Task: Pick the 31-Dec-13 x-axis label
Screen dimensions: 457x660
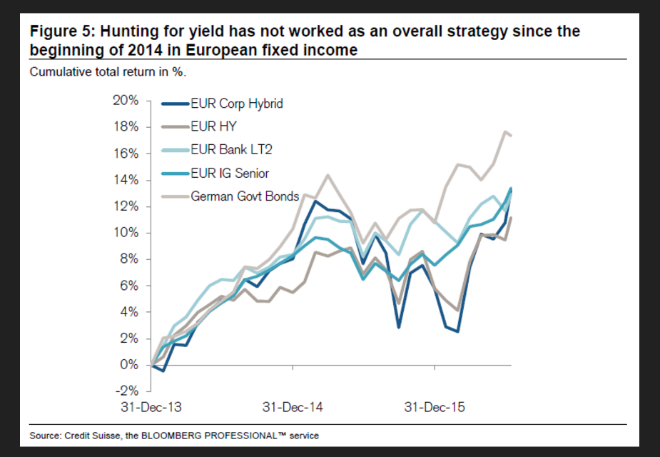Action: coord(151,408)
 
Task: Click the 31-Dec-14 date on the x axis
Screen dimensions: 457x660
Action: coord(293,408)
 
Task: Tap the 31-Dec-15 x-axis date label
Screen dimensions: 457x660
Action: coord(435,408)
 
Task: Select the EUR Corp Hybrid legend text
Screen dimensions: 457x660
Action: coord(237,104)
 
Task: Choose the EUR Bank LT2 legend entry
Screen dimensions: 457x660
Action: coord(231,149)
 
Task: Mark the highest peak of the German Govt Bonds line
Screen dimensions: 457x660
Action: coord(505,131)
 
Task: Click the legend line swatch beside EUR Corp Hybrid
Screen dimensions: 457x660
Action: coord(175,104)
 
